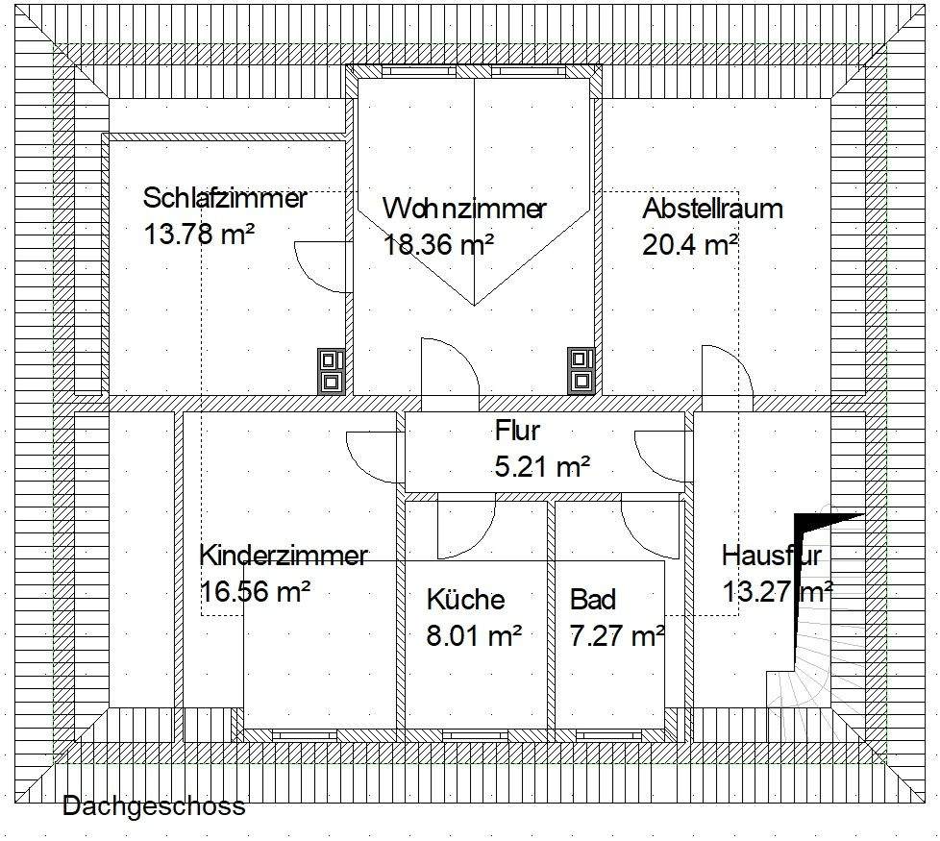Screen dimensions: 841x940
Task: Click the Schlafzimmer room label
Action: pos(225,199)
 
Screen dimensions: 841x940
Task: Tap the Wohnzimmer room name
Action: pos(464,209)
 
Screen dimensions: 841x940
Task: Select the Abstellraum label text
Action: pos(712,209)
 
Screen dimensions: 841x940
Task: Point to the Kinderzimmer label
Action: pos(284,556)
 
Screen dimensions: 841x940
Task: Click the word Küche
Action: pos(465,600)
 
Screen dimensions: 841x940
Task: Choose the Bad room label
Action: pos(592,600)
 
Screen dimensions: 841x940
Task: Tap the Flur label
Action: pos(518,430)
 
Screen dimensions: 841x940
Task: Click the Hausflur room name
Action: pos(772,556)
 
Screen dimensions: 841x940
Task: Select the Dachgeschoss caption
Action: pos(154,805)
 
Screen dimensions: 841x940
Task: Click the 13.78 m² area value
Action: pos(198,234)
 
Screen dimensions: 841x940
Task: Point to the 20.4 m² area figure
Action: pos(689,244)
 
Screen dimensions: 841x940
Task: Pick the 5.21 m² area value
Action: pos(541,467)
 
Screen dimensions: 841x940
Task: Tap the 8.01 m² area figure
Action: pos(474,634)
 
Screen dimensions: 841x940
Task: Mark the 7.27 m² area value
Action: pos(617,634)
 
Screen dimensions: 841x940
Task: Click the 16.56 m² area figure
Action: pos(255,590)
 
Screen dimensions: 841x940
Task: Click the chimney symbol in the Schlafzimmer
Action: pos(332,370)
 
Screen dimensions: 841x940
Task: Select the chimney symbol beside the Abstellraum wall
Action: pos(581,370)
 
